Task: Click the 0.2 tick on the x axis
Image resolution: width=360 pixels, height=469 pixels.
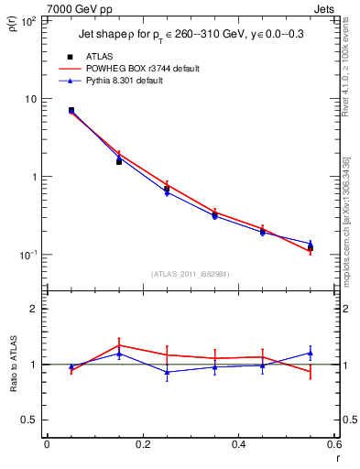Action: pyautogui.click(x=142, y=444)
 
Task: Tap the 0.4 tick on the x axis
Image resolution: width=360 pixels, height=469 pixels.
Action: pyautogui.click(x=238, y=444)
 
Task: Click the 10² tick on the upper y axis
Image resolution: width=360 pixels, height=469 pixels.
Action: pyautogui.click(x=27, y=21)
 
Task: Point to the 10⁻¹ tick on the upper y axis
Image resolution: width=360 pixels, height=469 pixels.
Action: pyautogui.click(x=27, y=255)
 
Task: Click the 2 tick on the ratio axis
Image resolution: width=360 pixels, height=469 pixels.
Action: pyautogui.click(x=32, y=310)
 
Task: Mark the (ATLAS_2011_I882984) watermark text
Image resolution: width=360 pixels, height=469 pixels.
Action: pyautogui.click(x=190, y=274)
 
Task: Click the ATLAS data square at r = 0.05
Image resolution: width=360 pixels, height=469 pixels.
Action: pyautogui.click(x=71, y=110)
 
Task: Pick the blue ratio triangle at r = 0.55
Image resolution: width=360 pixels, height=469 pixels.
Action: pyautogui.click(x=311, y=353)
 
